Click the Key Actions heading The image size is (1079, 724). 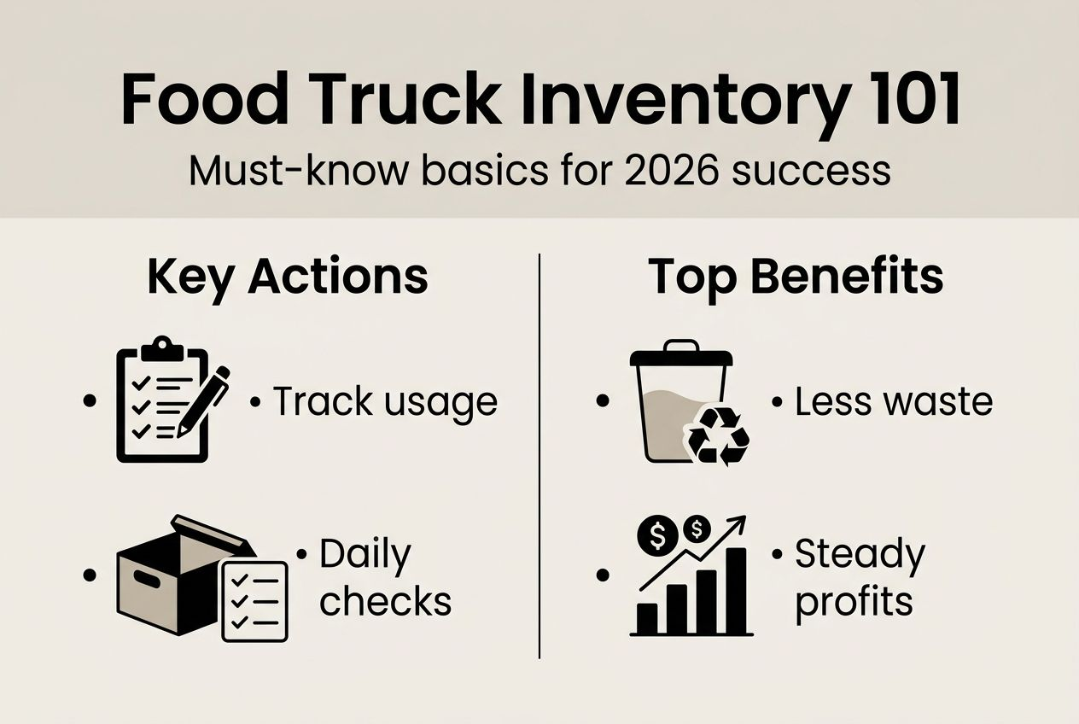(x=288, y=276)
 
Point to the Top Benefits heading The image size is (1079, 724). (x=796, y=276)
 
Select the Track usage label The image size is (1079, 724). (x=384, y=401)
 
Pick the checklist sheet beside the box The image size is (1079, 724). (x=254, y=600)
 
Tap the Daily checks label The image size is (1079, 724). (x=384, y=578)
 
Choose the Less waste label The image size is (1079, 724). (x=893, y=401)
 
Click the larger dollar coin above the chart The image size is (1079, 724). (x=659, y=535)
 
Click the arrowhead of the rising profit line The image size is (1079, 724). (x=738, y=523)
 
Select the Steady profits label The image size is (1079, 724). (x=859, y=578)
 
